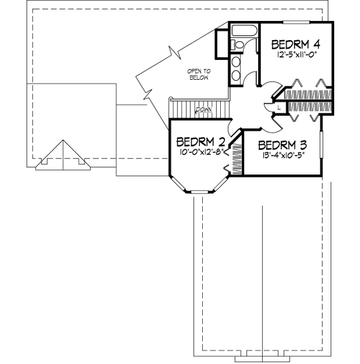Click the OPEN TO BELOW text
(195, 74)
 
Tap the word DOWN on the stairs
(202, 110)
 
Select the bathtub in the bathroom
(244, 31)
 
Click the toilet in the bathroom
(238, 45)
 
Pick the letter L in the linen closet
(281, 107)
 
